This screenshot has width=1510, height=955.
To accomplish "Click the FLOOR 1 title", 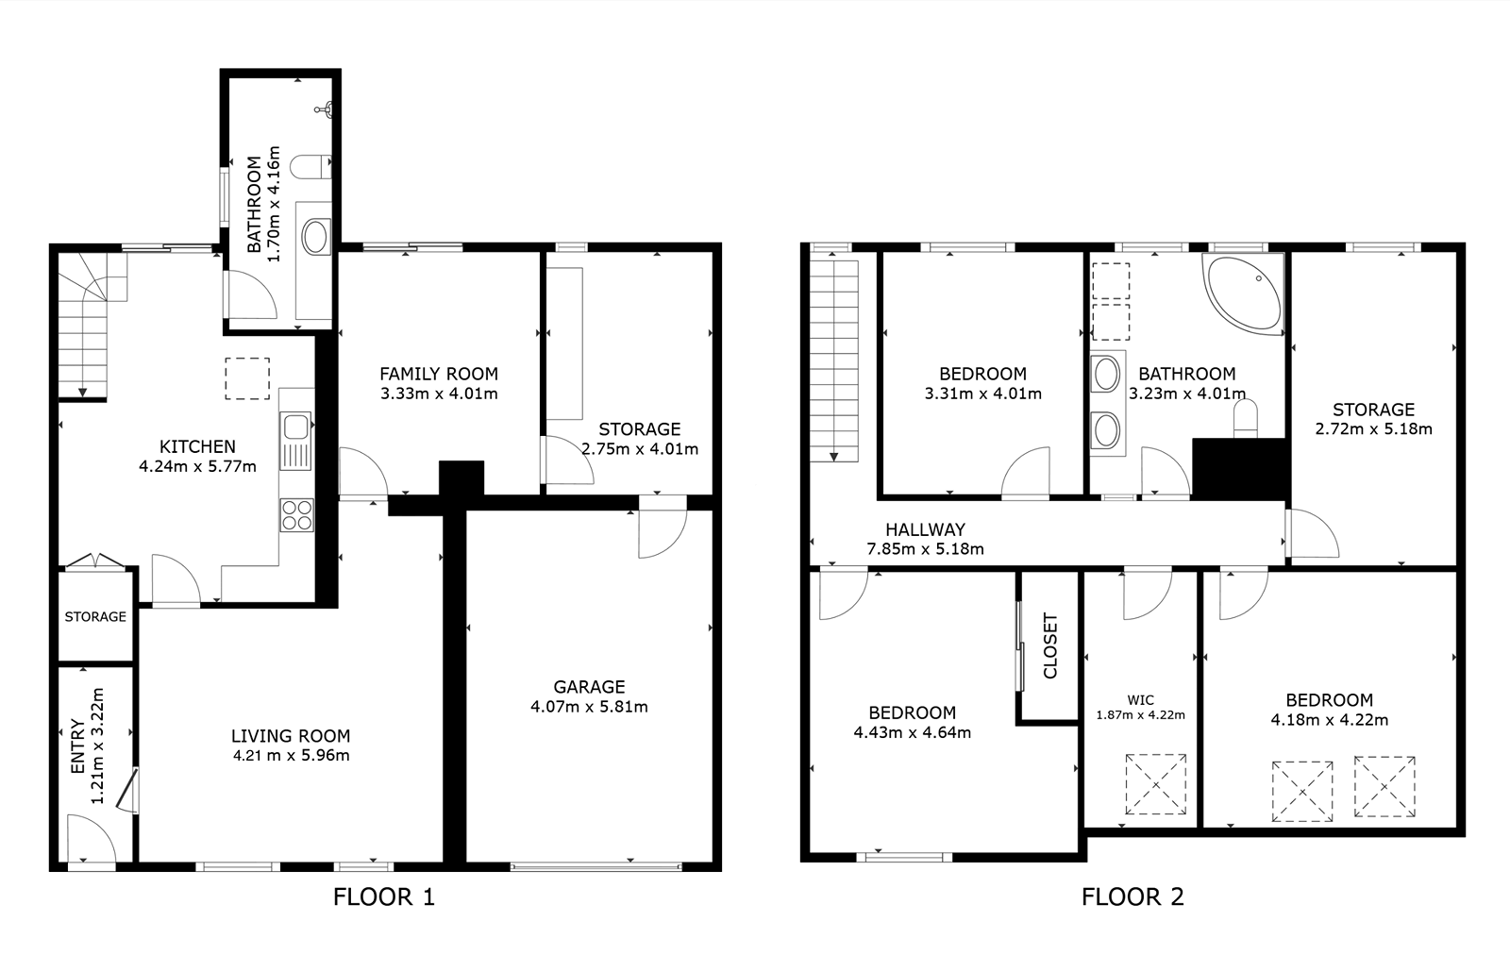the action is tap(384, 897).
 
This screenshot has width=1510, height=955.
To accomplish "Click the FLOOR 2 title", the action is tap(1132, 897).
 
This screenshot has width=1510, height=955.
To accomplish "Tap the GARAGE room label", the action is tap(589, 687).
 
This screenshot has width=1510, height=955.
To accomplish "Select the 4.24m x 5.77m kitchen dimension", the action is tap(197, 466).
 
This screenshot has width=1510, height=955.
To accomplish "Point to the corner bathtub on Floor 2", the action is tap(1244, 293).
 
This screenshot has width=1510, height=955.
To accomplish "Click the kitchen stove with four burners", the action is tap(296, 515).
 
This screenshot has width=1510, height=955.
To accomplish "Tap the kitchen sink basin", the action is tap(296, 426).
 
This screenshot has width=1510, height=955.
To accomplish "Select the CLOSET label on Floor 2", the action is tap(1050, 645).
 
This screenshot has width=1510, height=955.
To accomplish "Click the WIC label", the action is tap(1141, 700).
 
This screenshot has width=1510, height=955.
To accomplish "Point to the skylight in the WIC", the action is tap(1156, 784).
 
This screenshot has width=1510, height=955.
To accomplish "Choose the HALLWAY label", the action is tap(925, 529).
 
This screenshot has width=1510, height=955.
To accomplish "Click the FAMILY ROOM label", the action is tap(439, 374).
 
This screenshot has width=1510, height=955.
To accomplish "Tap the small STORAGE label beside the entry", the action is tap(95, 616).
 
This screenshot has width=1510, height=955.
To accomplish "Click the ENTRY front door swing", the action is tap(91, 838).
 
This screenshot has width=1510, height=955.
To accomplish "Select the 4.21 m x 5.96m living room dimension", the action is tap(292, 756).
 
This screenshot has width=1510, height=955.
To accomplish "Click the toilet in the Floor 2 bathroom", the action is tap(1246, 419).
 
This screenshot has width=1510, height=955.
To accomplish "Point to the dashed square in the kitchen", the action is tap(247, 378).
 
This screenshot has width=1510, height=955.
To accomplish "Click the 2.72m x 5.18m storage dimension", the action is tap(1374, 429).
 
